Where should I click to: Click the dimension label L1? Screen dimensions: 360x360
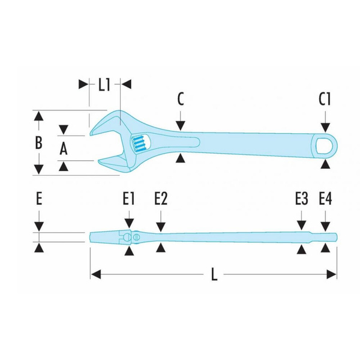[x=104, y=85]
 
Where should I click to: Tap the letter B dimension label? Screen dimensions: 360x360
[x=38, y=143]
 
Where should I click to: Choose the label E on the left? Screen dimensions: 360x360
[x=38, y=199]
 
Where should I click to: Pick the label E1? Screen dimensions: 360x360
[x=128, y=199]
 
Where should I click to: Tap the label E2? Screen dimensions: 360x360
[x=160, y=199]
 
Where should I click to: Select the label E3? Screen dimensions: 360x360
[x=301, y=199]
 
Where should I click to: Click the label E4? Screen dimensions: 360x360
[x=325, y=199]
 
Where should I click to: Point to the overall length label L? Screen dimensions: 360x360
[x=214, y=275]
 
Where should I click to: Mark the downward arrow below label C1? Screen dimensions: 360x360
[x=325, y=127]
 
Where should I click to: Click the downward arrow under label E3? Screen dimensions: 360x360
[x=301, y=224]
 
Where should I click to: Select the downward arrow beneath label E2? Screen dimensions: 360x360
[x=160, y=224]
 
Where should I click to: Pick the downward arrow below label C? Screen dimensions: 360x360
[x=180, y=125]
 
